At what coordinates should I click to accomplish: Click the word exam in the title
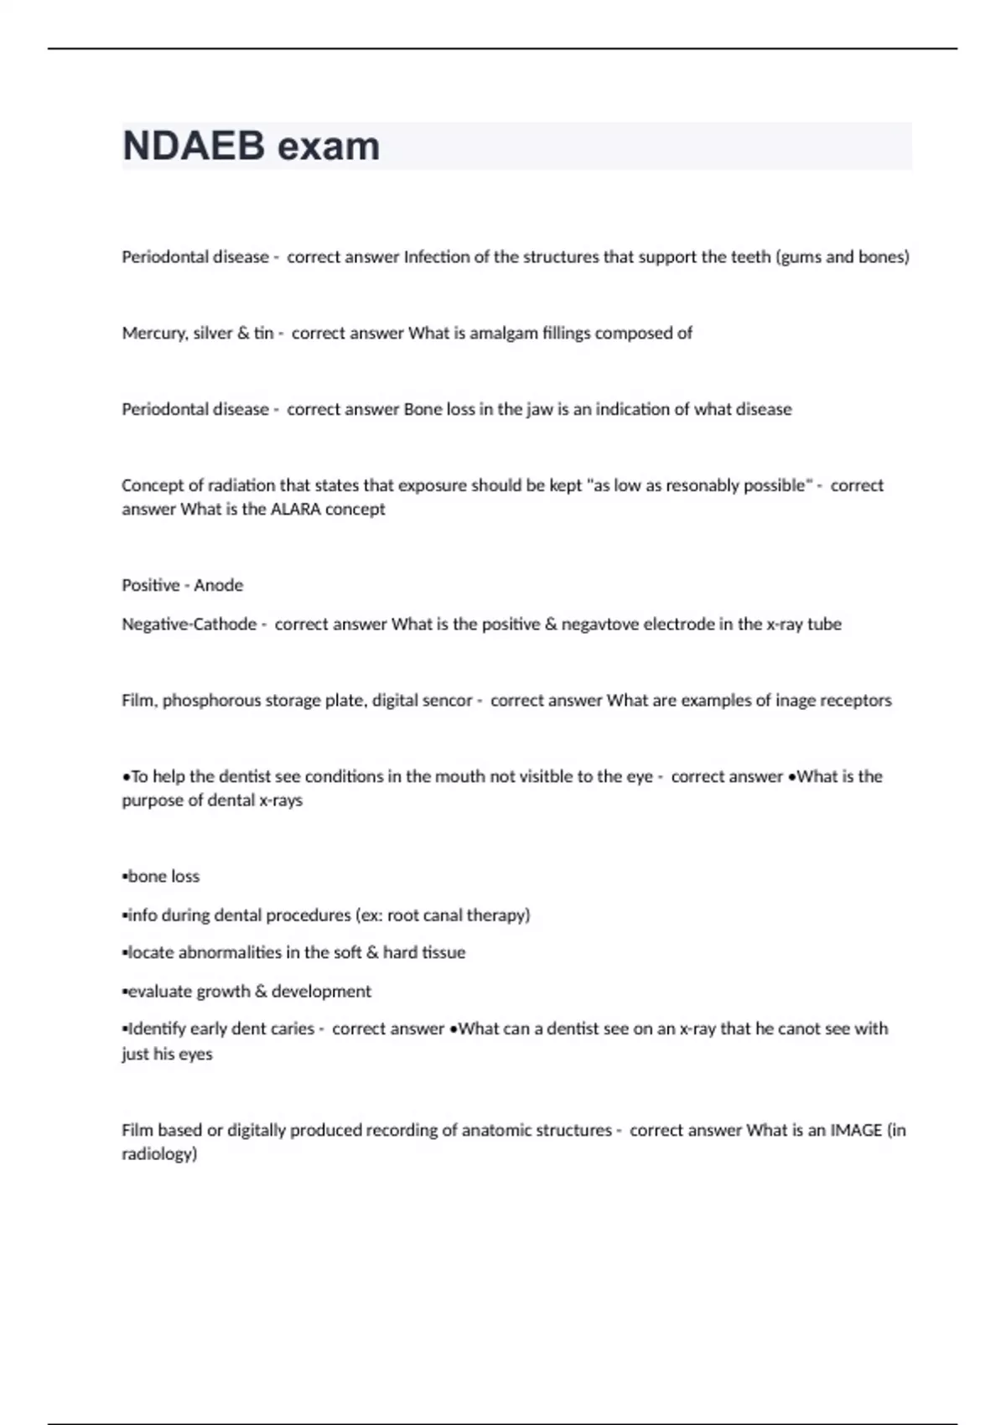(329, 146)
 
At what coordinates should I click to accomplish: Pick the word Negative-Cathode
(189, 624)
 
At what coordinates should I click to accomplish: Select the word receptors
(856, 700)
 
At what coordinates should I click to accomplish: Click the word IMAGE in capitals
(856, 1130)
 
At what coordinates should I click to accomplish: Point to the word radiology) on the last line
(159, 1154)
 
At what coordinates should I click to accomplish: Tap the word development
(321, 991)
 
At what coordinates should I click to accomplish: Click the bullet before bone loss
(125, 877)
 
